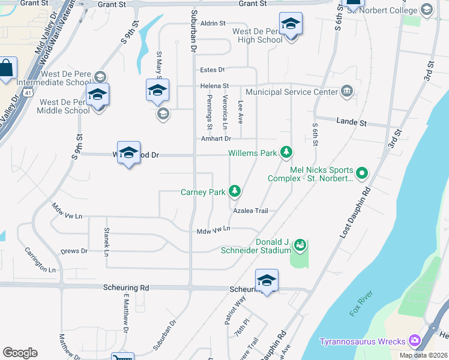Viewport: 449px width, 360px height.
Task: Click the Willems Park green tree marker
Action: [286, 153]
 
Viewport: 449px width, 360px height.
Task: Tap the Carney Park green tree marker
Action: [235, 192]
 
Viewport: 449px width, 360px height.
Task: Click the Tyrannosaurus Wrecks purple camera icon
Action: [414, 341]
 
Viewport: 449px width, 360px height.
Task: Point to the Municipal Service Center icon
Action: [347, 92]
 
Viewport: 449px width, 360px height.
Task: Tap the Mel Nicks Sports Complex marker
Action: [361, 174]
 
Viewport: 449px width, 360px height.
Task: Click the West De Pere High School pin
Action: [291, 26]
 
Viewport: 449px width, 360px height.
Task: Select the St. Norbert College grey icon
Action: [427, 10]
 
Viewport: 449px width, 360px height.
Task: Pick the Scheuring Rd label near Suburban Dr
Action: [127, 288]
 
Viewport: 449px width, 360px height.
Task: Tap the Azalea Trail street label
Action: [250, 211]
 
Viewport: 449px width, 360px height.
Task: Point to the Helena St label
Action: [215, 86]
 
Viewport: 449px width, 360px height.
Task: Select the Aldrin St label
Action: [213, 23]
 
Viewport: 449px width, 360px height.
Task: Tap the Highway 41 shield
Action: [29, 93]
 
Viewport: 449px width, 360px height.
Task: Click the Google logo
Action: [20, 353]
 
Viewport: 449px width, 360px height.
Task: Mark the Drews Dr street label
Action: [74, 251]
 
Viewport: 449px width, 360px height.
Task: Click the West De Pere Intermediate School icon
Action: [100, 77]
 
